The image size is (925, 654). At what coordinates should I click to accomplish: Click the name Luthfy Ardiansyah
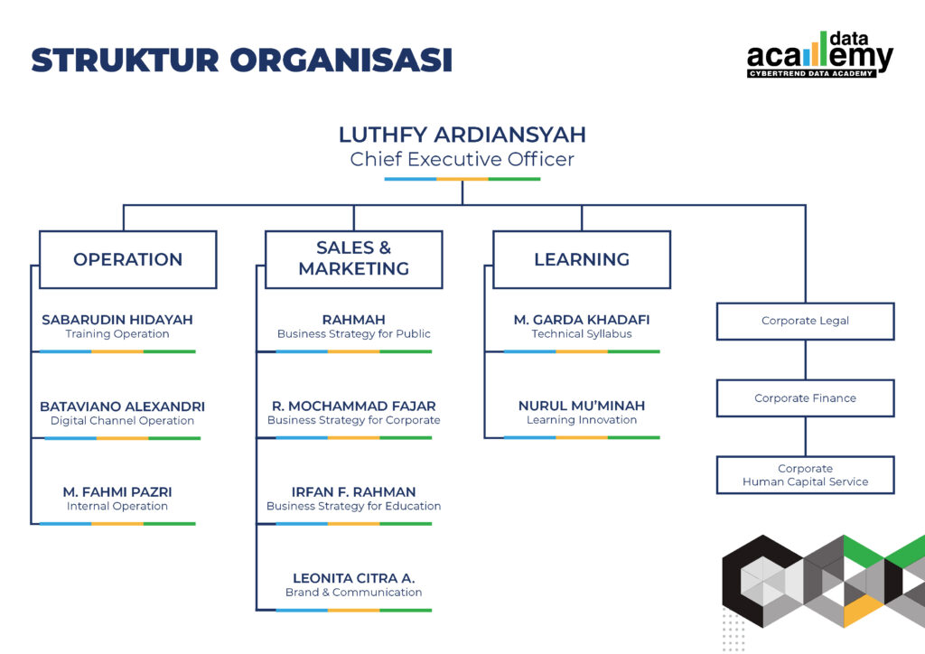click(462, 135)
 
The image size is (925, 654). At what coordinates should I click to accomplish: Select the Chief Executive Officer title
click(462, 160)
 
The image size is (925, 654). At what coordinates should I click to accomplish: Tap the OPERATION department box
click(127, 259)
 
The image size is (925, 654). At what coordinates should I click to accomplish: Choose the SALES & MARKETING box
click(353, 259)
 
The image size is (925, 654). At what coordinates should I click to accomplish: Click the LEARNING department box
click(581, 259)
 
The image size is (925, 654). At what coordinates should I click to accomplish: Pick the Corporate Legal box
click(805, 321)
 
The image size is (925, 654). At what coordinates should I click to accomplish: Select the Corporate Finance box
click(805, 398)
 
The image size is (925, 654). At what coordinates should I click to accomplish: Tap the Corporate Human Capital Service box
click(805, 475)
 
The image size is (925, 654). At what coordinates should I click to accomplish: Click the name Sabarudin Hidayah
click(117, 320)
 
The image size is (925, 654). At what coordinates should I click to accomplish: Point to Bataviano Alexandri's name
click(122, 406)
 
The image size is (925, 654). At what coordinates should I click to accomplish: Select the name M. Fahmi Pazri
click(117, 492)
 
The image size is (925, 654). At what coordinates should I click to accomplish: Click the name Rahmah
click(353, 320)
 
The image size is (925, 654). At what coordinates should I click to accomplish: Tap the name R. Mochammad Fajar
click(353, 406)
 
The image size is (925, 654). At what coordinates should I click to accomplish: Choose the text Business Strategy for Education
click(353, 507)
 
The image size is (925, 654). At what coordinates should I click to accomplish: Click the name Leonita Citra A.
click(353, 578)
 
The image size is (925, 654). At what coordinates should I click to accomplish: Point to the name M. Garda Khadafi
click(581, 320)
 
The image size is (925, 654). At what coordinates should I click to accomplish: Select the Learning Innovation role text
click(581, 420)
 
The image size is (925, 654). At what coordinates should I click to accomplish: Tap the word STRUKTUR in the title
click(125, 60)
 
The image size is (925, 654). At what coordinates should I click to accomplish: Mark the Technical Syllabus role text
click(581, 334)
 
